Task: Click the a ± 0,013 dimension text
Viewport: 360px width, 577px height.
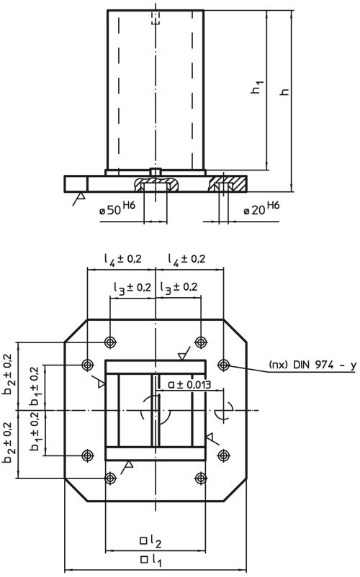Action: point(189,385)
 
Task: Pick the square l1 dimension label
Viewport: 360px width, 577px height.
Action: point(150,558)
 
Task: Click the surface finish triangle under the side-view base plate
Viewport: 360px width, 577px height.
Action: point(82,195)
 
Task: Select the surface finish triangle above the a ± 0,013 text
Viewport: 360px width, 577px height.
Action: point(184,355)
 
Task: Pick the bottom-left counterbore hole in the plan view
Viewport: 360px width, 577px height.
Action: point(110,478)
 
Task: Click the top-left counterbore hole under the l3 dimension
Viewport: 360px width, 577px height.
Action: point(110,342)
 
